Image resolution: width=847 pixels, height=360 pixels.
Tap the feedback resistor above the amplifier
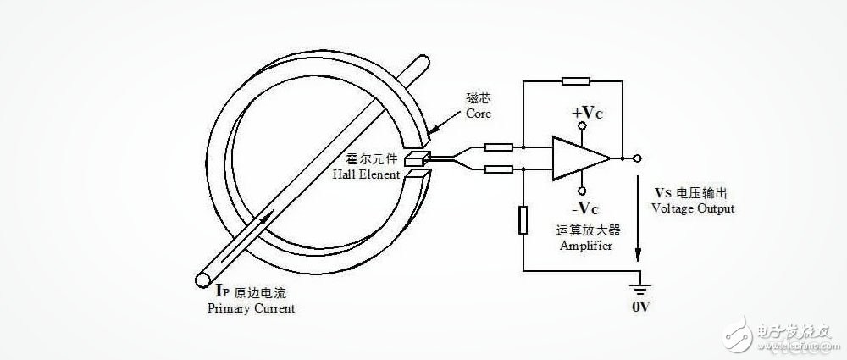pyautogui.click(x=576, y=81)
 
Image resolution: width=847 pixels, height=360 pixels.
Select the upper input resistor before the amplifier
pyautogui.click(x=498, y=147)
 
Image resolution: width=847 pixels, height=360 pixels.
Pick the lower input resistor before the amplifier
pyautogui.click(x=498, y=169)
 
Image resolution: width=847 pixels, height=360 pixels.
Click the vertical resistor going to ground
pyautogui.click(x=523, y=219)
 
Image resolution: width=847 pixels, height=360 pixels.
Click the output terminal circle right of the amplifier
pyautogui.click(x=638, y=158)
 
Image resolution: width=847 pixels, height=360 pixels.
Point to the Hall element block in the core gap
pyautogui.click(x=418, y=158)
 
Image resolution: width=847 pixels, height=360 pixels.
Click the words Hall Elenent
pyautogui.click(x=366, y=174)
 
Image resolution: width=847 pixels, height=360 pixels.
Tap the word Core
pyautogui.click(x=478, y=114)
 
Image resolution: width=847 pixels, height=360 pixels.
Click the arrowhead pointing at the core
pyautogui.click(x=433, y=132)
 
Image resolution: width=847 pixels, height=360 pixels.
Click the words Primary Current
pyautogui.click(x=252, y=308)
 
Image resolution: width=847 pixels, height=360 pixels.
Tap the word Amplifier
pyautogui.click(x=586, y=246)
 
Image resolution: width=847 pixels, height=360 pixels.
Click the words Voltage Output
pyautogui.click(x=693, y=208)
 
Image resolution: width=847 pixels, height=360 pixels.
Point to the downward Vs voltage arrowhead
pyautogui.click(x=639, y=254)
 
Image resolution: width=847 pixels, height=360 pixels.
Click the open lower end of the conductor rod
pyautogui.click(x=203, y=280)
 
